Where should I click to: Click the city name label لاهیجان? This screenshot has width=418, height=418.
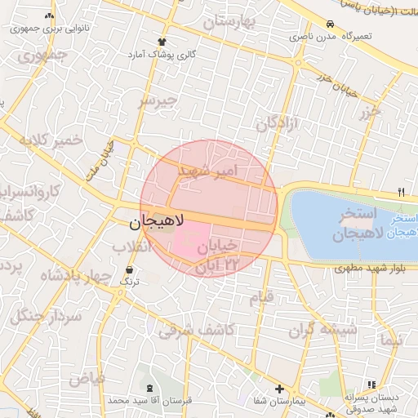pos(158,220)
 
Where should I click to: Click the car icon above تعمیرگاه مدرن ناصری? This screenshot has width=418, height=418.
pos(330,24)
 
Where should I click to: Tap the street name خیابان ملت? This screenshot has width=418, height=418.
pos(98,158)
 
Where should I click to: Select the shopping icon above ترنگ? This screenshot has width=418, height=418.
pos(129,269)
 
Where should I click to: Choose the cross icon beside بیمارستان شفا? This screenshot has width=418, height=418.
pos(279,389)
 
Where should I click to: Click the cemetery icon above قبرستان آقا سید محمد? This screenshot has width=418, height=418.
pos(149,389)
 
